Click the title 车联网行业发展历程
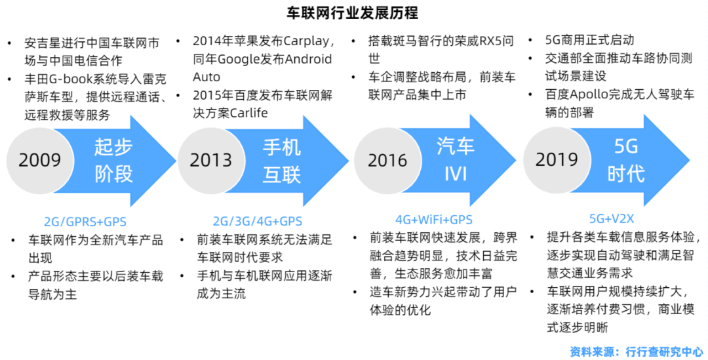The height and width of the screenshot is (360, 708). coord(353,12)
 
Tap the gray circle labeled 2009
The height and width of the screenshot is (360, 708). coord(40,160)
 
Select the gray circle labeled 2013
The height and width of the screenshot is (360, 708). coord(211,160)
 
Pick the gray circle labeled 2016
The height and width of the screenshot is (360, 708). coord(387,160)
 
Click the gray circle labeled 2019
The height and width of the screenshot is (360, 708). coord(557,159)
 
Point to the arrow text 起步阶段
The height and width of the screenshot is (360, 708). coord(113,161)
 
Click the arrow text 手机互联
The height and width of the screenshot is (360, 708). coord(282,161)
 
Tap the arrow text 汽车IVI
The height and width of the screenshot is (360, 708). coord(455,160)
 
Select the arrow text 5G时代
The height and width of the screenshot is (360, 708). coord(626,160)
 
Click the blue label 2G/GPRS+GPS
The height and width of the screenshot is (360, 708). coord(85,222)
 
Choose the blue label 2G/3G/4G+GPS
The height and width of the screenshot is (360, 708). coord(258,222)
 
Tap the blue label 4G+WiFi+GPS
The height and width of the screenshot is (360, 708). coord(434,220)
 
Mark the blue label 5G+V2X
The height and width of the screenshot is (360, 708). coord(612,219)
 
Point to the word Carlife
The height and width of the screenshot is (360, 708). coord(249,113)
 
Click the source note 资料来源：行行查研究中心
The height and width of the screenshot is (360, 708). coord(636,351)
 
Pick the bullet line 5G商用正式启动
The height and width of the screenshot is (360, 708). coord(590,40)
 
